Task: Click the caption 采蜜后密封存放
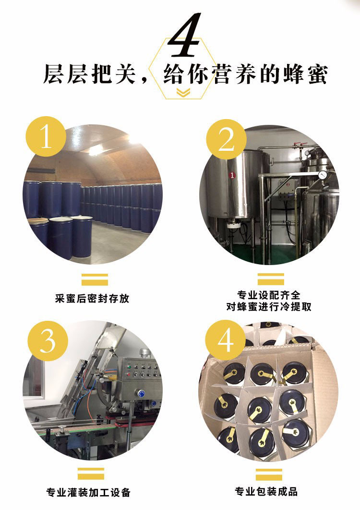(x=92, y=298)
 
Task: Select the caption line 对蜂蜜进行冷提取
(x=269, y=306)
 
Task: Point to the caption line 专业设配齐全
(x=269, y=294)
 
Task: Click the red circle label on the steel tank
(x=232, y=175)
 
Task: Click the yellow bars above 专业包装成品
(x=269, y=474)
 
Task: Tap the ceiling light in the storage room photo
(x=96, y=149)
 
